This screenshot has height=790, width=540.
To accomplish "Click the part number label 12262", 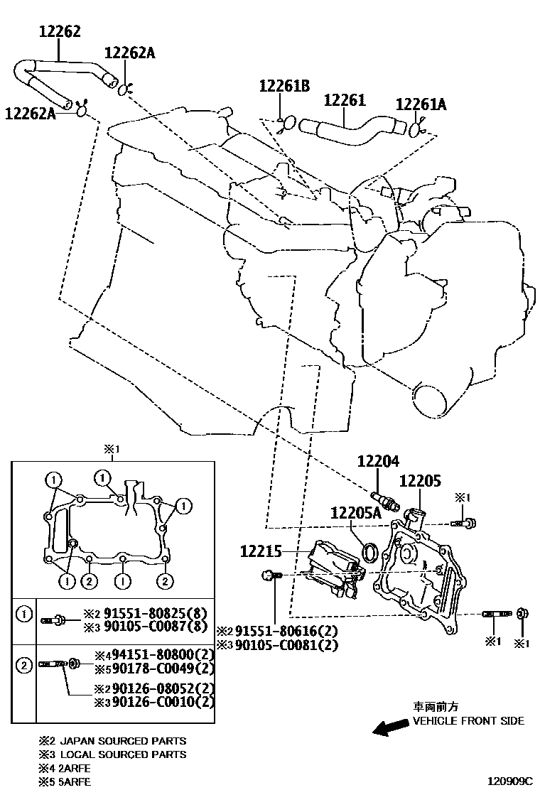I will pyautogui.click(x=59, y=31).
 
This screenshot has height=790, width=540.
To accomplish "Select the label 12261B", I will pyautogui.click(x=284, y=87).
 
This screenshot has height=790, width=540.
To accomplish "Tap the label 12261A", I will pyautogui.click(x=421, y=104).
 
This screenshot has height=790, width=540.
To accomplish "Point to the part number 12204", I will pyautogui.click(x=379, y=462).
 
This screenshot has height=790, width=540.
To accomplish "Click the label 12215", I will pyautogui.click(x=261, y=551).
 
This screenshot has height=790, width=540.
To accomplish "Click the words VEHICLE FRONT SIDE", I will pyautogui.click(x=468, y=720).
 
